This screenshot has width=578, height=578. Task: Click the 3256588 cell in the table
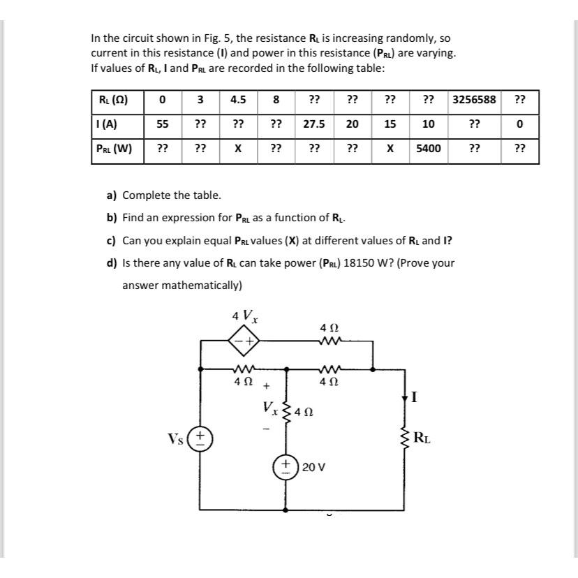474,100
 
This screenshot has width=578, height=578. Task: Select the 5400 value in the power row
429,149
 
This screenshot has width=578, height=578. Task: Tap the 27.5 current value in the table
314,124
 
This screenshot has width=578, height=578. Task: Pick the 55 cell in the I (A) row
162,124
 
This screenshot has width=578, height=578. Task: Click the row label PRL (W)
115,149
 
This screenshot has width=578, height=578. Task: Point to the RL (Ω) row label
113,100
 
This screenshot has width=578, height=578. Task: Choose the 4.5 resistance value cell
238,100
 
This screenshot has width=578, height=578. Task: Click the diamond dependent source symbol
244,341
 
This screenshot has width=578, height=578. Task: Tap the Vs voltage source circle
202,439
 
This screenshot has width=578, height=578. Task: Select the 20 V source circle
286,466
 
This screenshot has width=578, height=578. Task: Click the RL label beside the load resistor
422,439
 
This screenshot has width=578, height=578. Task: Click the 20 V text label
314,466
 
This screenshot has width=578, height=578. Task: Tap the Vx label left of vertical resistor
269,406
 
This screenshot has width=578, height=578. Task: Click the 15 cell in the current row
390,124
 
